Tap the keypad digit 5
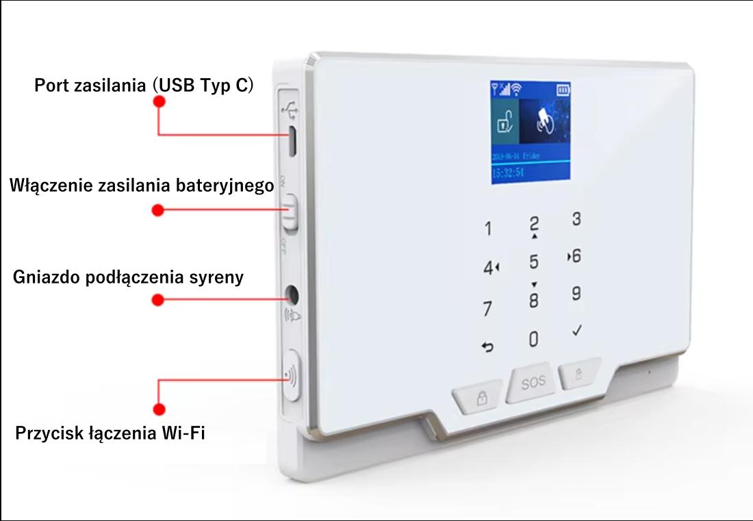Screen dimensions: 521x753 (x=534, y=262)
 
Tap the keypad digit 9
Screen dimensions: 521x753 (x=576, y=293)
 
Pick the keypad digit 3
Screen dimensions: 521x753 (x=576, y=220)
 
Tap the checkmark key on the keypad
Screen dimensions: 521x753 (x=577, y=331)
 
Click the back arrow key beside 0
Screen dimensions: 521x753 (x=488, y=348)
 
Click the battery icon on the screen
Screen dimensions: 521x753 (x=563, y=89)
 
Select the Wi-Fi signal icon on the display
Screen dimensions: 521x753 (x=515, y=89)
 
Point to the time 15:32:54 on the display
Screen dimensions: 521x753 (x=507, y=172)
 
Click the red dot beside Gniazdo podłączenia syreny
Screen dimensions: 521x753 (x=159, y=300)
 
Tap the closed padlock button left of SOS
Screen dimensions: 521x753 (x=481, y=399)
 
